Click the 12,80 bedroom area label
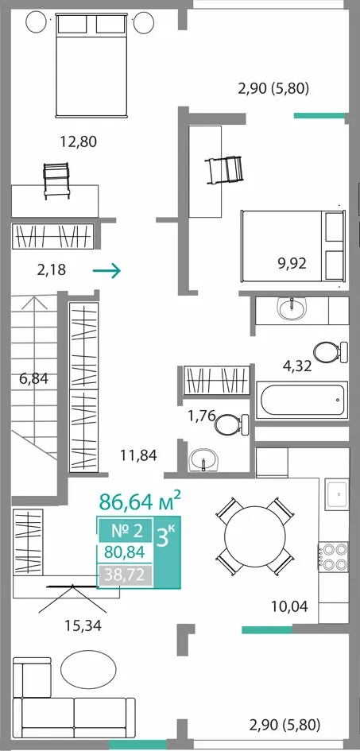(78, 141)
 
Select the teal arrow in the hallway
(106, 271)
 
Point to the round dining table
(254, 536)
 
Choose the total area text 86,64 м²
(141, 501)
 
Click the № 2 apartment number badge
(127, 531)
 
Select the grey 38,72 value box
(126, 574)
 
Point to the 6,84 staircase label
(34, 379)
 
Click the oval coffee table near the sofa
(88, 671)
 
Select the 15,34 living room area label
(83, 625)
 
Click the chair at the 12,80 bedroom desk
(57, 180)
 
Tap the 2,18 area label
(51, 271)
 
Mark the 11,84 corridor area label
(137, 455)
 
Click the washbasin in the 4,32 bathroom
(292, 310)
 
